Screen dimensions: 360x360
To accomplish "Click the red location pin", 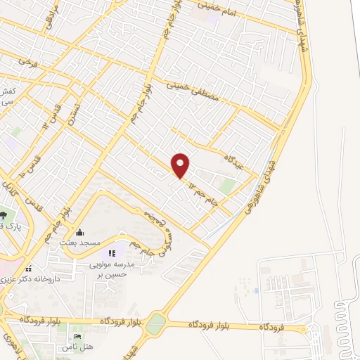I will (x=181, y=165).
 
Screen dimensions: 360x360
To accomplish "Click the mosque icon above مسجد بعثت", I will (x=79, y=232).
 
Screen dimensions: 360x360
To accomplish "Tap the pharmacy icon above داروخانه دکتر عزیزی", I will (x=28, y=269).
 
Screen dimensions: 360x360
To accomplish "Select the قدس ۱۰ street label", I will (x=27, y=166).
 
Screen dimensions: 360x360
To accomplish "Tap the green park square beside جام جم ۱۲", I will (x=227, y=186).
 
